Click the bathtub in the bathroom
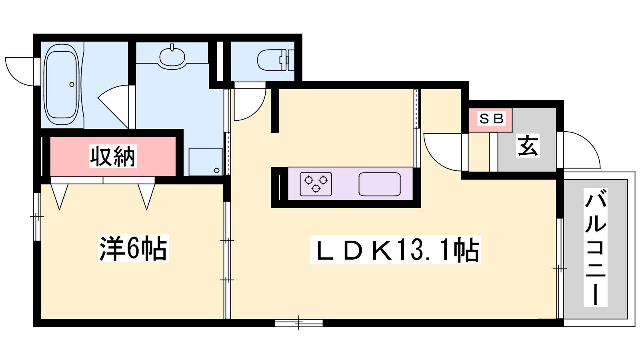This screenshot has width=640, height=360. coord(61,84)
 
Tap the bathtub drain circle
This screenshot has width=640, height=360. coord(72,84)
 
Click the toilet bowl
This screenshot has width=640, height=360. coord(270,60)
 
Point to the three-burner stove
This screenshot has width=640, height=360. coord(316,184)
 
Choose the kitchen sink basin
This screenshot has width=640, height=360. coord(380,184)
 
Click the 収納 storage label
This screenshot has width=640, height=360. coord(112,156)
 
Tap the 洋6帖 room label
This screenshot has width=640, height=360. coord(134,248)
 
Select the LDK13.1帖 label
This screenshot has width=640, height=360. coord(396,250)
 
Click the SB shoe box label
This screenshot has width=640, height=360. coord(491,118)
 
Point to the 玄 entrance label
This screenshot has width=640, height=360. coord(528,146)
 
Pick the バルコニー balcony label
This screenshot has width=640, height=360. coord(596,248)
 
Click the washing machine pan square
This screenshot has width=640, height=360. coord(206,162)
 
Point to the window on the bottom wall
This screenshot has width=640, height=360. coord(298,323)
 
